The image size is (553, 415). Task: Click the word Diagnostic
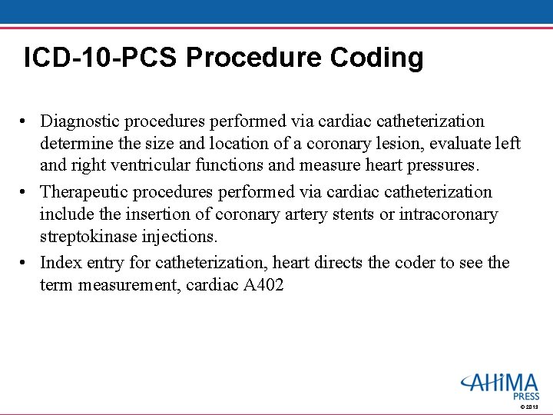click(80, 121)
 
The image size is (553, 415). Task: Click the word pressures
click(440, 166)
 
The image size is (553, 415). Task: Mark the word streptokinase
click(88, 237)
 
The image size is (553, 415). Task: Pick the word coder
click(414, 263)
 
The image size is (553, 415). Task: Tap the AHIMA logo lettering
click(501, 382)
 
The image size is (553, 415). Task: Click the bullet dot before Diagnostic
click(25, 122)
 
